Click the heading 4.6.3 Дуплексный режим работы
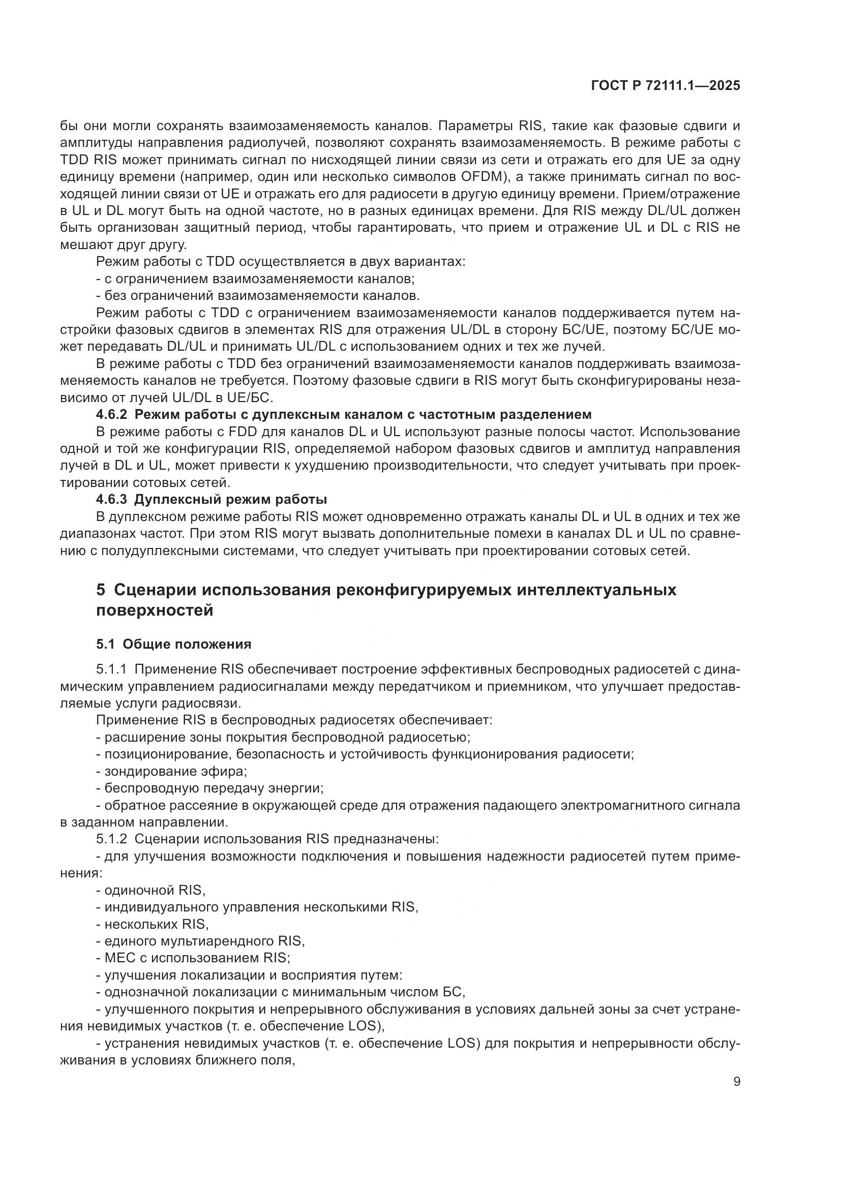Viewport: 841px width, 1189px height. click(x=212, y=500)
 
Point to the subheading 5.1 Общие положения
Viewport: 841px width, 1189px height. click(x=173, y=644)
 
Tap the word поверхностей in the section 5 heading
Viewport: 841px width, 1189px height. click(x=155, y=611)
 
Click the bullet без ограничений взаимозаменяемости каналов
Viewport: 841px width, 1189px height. click(x=258, y=296)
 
